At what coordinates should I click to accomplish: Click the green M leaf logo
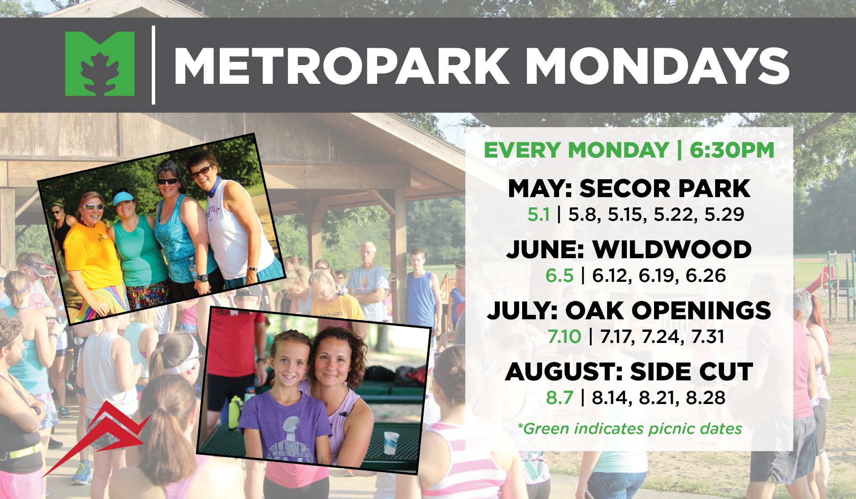[x=100, y=64]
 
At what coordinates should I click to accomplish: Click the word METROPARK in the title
[x=342, y=66]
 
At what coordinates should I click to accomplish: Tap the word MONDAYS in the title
[x=658, y=66]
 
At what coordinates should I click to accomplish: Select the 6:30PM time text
[x=732, y=150]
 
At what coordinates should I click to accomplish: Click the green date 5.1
[x=538, y=214]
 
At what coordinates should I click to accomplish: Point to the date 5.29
[x=724, y=214]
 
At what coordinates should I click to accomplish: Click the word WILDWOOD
[x=672, y=249]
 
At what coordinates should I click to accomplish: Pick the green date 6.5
[x=559, y=276]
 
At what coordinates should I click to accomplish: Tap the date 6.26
[x=706, y=276]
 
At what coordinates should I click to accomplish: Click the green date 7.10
[x=564, y=337]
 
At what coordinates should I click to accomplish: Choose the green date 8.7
[x=559, y=397]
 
